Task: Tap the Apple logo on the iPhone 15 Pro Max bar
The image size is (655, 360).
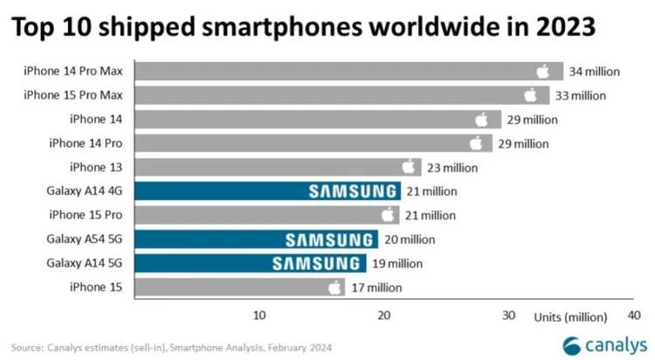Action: coord(530,94)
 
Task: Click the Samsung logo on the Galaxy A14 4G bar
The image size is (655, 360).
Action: coord(353,190)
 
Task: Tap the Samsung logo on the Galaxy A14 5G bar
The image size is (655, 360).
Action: coord(318,262)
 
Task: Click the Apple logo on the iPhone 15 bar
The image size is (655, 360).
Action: coord(334,286)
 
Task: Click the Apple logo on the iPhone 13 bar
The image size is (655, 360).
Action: coord(409,166)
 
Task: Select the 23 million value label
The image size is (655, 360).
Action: coord(452,166)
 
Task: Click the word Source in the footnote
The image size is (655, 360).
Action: coord(28,345)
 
